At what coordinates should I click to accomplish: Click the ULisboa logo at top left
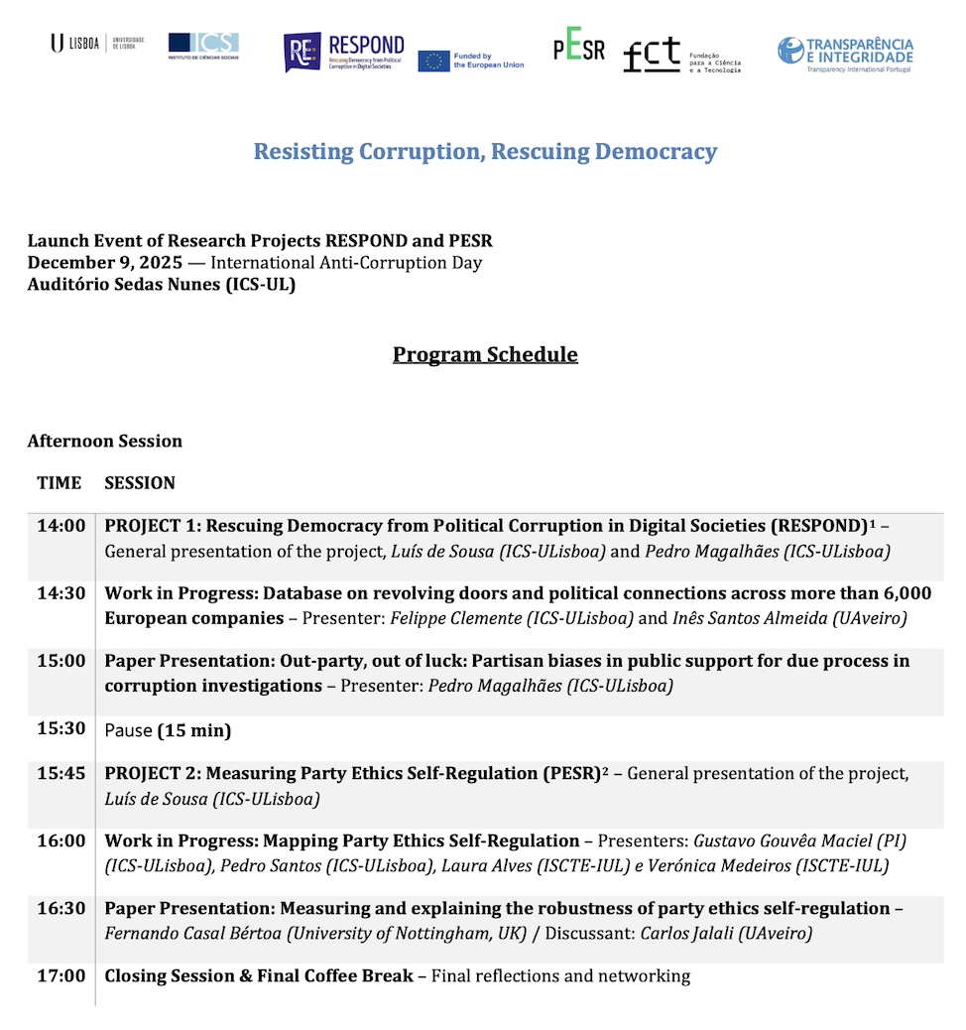tap(96, 43)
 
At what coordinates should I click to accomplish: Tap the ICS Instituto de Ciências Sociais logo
tap(203, 45)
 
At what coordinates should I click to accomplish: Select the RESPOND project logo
tap(343, 52)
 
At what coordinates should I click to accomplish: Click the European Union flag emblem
tap(433, 62)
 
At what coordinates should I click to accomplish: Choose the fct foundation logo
tap(680, 56)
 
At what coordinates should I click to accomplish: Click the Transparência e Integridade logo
tap(845, 54)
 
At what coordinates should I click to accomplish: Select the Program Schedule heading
tap(485, 354)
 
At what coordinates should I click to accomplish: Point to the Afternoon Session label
tap(105, 441)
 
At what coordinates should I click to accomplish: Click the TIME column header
tap(60, 483)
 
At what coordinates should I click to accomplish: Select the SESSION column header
tap(140, 483)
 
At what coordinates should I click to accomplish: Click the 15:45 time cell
tap(61, 773)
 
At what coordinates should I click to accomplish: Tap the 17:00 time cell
tap(61, 976)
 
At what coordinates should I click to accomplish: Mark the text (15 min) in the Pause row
tap(194, 731)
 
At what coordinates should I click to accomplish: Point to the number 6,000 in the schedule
tap(905, 593)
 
